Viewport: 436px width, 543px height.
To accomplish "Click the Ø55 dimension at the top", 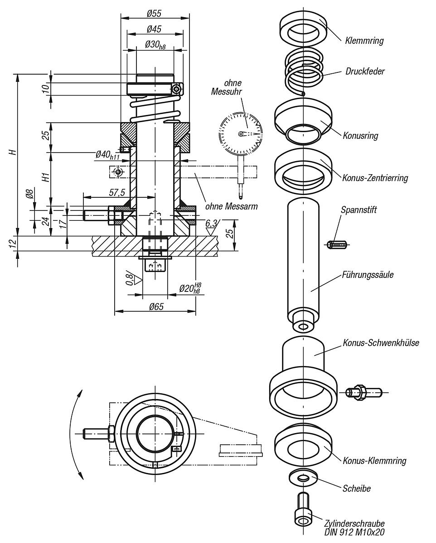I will click(x=155, y=14).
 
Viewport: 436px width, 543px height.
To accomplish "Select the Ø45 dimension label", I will click(x=154, y=29).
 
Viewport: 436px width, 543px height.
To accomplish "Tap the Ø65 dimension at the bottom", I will click(x=155, y=306).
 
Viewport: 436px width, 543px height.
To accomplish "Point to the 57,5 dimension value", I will click(x=117, y=192).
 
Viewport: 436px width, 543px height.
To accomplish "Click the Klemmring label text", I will click(x=364, y=41).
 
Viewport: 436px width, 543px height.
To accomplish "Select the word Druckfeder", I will click(x=365, y=71).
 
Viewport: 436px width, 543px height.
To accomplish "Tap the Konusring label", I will click(x=361, y=135).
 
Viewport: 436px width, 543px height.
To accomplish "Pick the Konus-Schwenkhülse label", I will click(x=381, y=343).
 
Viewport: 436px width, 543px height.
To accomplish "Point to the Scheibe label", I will click(x=357, y=488).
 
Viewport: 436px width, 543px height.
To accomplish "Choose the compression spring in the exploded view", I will click(x=304, y=71).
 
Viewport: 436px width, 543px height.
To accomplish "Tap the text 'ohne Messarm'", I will click(x=231, y=206).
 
